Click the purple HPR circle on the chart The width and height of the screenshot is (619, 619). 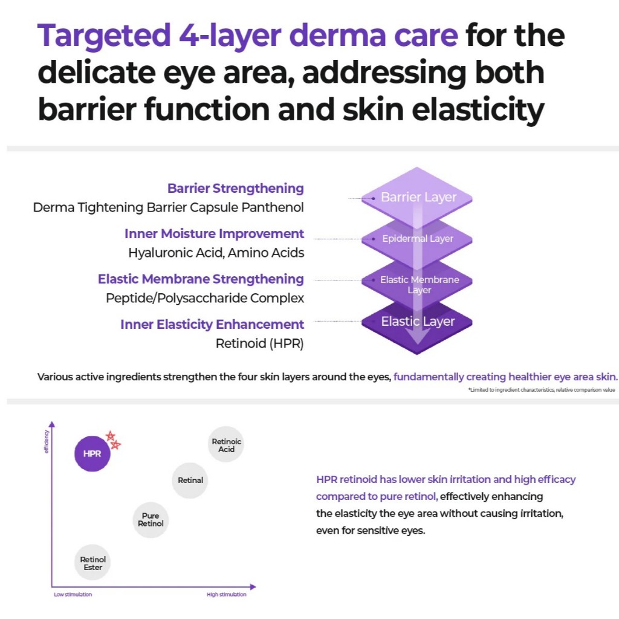(92, 453)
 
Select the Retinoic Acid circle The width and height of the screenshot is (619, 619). (226, 445)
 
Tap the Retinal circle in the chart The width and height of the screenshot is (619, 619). (190, 481)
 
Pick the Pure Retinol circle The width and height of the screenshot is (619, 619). (151, 520)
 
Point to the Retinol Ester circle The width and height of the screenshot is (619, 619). (93, 563)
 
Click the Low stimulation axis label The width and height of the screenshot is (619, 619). (73, 595)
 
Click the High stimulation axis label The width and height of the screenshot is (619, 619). (227, 595)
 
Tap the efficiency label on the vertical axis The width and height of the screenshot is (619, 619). (47, 442)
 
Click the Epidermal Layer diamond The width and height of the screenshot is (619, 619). (418, 239)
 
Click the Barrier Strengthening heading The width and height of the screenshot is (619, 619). (236, 188)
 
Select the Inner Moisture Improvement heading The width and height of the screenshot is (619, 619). (214, 233)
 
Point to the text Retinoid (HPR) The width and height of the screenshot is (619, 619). (259, 343)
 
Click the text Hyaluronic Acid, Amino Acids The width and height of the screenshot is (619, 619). (216, 253)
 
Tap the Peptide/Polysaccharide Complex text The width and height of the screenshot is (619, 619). (205, 298)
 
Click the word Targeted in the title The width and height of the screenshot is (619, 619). (103, 36)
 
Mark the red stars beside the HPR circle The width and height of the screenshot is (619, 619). (112, 439)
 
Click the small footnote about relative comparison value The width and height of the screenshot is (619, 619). (541, 390)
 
